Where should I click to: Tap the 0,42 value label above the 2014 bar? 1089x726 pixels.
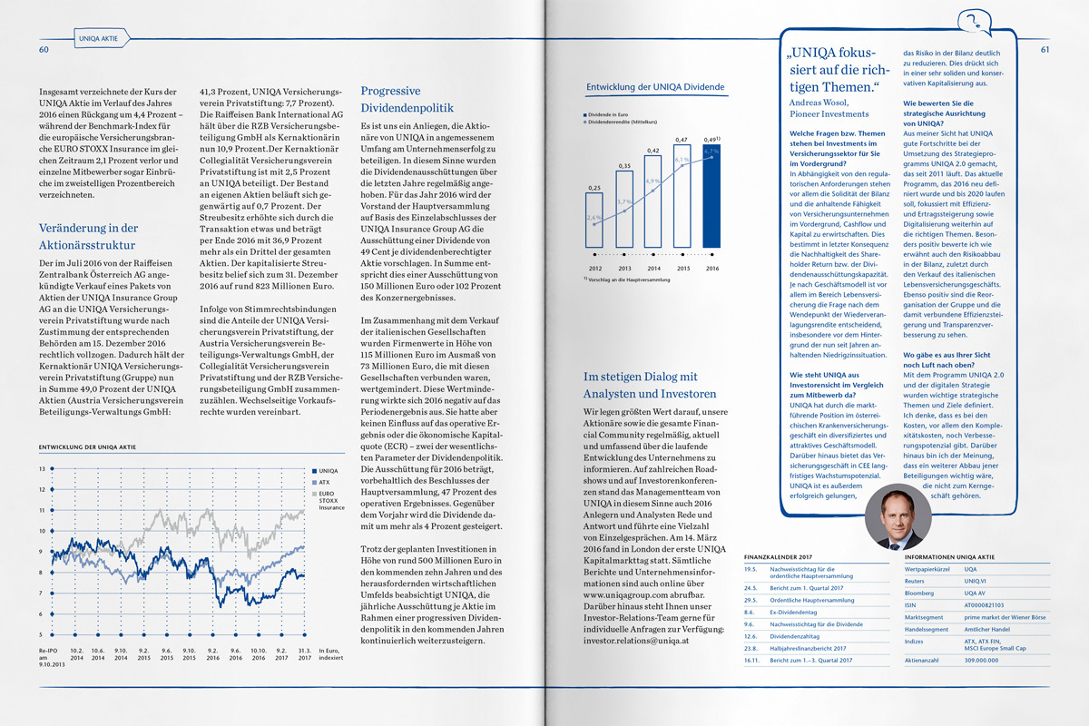[x=652, y=150]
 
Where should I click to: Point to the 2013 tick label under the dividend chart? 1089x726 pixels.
[x=624, y=269]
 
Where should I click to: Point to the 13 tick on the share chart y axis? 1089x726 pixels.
[x=42, y=468]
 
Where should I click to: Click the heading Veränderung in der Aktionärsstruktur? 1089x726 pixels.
[x=89, y=236]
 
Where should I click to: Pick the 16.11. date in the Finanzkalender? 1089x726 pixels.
[x=751, y=660]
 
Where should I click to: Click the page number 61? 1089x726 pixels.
[x=1045, y=49]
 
